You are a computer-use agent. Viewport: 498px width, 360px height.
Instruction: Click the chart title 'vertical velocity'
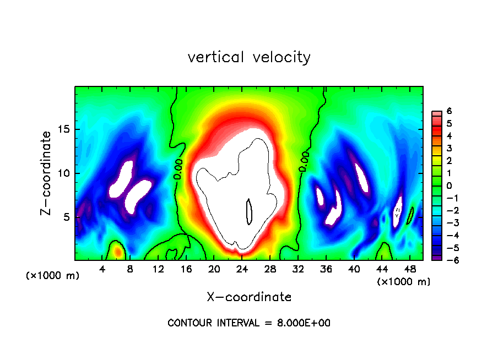(249, 57)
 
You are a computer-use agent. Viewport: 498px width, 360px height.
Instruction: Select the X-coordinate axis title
(249, 297)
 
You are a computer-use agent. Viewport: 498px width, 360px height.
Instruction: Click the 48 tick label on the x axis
(410, 269)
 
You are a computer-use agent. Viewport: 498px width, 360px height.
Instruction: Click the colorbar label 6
(449, 111)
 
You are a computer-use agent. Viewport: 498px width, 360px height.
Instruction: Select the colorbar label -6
(447, 260)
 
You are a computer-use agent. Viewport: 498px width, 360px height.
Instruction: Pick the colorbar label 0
(449, 186)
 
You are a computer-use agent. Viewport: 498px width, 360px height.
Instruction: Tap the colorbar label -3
(447, 223)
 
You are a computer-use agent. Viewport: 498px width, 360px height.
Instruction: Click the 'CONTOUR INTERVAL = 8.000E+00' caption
(249, 323)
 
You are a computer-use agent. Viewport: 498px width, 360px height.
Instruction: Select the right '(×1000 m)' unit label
(404, 282)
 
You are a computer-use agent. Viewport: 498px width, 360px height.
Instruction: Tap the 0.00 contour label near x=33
(304, 162)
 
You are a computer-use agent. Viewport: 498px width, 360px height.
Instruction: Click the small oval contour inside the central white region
(249, 212)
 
